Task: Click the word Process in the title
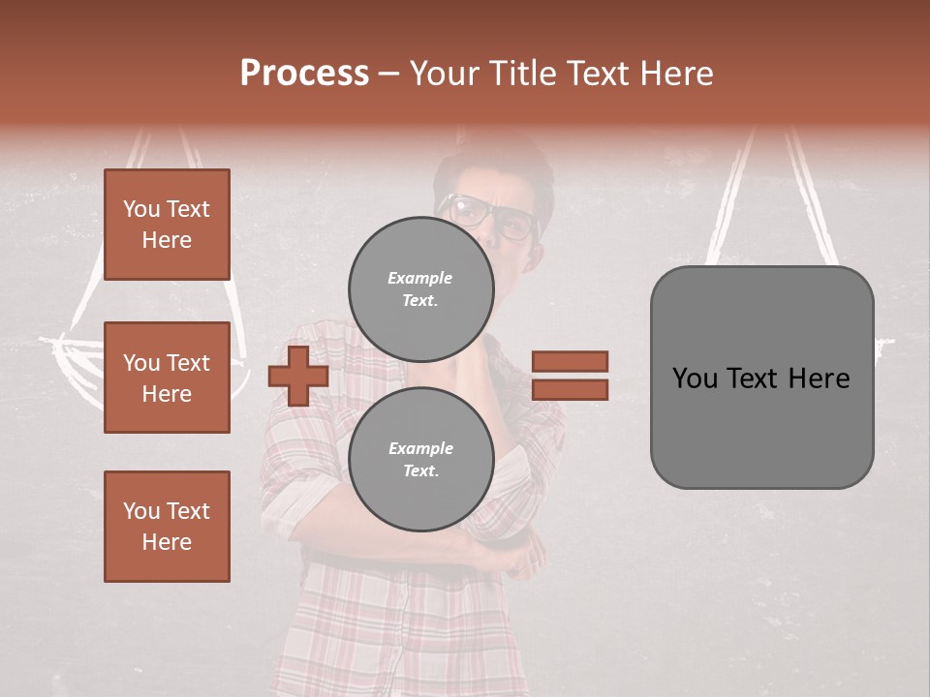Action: (304, 74)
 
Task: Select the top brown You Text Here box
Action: (167, 225)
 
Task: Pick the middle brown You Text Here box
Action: (167, 378)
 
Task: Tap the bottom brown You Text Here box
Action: (167, 527)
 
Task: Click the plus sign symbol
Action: (298, 376)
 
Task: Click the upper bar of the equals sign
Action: (570, 361)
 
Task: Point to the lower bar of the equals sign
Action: (570, 389)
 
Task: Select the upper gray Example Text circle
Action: (420, 288)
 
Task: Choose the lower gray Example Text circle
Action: (420, 459)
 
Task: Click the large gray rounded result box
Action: (761, 378)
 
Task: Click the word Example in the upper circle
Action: (419, 278)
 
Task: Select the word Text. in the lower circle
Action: (420, 471)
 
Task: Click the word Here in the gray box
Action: (820, 379)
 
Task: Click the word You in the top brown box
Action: (141, 209)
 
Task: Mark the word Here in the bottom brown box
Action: (167, 542)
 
